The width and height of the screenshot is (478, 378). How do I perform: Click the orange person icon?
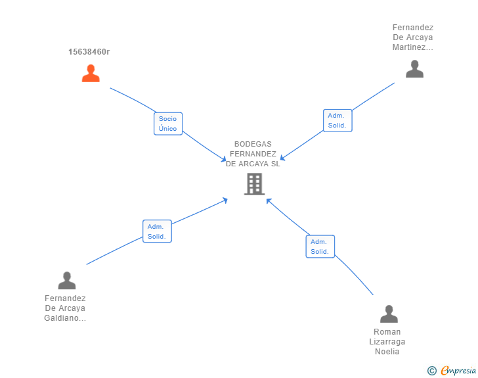coord(91,73)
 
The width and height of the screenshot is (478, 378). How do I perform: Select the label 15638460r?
coord(89,52)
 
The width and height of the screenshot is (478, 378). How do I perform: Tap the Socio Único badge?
coord(168,124)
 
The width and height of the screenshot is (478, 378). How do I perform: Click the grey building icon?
coord(253,184)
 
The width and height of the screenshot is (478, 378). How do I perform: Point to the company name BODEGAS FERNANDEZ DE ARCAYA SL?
coord(253,154)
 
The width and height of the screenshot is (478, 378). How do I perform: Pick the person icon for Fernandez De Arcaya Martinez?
coord(414,69)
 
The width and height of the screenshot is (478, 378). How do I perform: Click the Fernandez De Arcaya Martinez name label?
coord(413,37)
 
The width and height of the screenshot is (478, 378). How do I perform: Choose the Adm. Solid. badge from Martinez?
coord(337,120)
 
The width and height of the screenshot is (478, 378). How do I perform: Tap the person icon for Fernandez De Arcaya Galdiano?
coord(67,281)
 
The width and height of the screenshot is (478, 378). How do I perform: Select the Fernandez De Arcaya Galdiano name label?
coord(65,308)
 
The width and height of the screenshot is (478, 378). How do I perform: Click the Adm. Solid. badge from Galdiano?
coord(157,231)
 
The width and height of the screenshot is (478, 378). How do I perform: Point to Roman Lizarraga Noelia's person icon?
coord(389,314)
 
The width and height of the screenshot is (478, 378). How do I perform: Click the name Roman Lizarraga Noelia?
coord(387,342)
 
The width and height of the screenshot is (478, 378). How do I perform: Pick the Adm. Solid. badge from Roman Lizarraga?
coord(320,247)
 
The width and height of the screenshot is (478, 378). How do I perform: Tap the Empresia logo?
coord(458,371)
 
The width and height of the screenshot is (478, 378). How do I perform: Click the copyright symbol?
coord(431,371)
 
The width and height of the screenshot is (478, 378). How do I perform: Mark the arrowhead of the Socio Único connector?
coord(224,160)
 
